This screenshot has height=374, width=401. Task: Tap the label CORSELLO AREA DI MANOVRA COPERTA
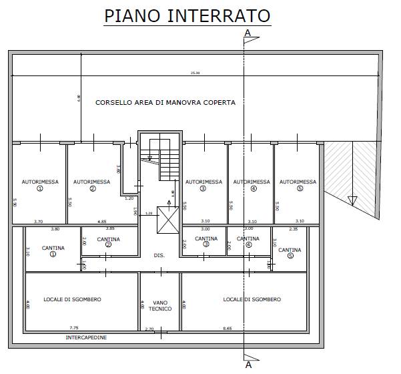[x=165, y=103]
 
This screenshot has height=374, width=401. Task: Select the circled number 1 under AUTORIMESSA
[x=40, y=189]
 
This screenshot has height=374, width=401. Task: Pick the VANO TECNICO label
[x=161, y=305]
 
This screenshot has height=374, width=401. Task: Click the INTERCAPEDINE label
[x=86, y=337]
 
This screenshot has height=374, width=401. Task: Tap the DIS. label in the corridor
[x=159, y=255]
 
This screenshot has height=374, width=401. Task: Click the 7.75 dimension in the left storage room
[x=73, y=327]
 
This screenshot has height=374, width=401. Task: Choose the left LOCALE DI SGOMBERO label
[x=72, y=299]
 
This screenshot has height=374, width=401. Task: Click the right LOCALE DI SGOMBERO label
[x=252, y=299]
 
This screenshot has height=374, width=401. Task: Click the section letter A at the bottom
[x=248, y=365]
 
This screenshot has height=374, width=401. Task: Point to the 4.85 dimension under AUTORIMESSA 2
[x=102, y=221]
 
